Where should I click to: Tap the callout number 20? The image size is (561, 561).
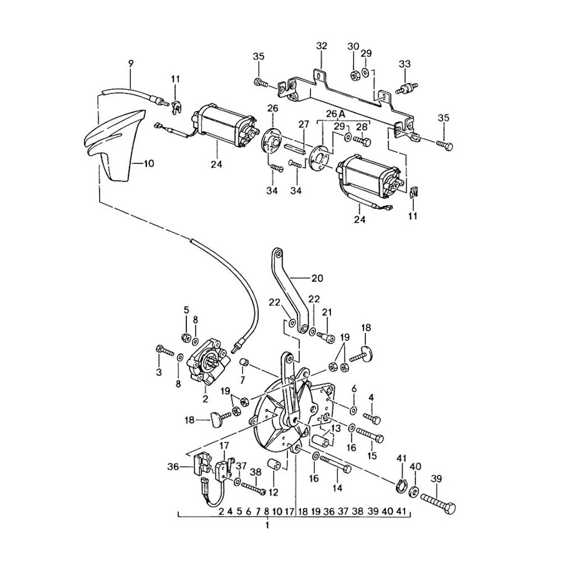[318, 278]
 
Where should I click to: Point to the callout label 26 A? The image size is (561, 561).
[332, 113]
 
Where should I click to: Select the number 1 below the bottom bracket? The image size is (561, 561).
[267, 526]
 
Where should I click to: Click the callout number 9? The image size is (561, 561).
[131, 64]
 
